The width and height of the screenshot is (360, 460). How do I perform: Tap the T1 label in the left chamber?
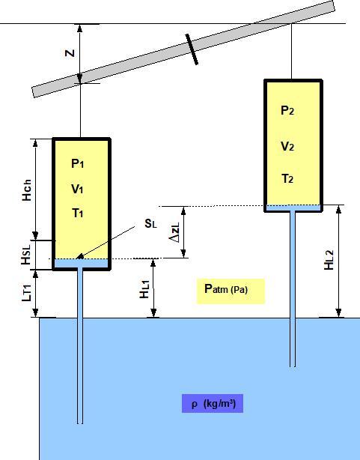coord(79,214)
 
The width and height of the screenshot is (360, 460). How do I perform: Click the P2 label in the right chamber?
coord(288,111)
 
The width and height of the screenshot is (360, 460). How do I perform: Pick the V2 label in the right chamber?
coord(288,146)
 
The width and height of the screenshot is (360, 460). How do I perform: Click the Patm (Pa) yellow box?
coord(231,290)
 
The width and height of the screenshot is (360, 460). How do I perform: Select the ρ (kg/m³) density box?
coord(213,404)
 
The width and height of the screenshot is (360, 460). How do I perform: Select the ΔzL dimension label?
coord(174,232)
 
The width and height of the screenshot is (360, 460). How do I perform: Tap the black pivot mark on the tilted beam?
coord(193,47)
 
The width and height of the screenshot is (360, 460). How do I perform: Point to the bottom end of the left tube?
coord(79,421)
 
